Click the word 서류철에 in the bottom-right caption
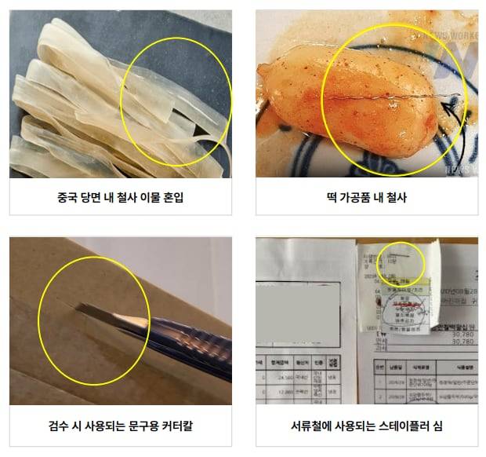[311, 427]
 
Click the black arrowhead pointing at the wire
[446, 103]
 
